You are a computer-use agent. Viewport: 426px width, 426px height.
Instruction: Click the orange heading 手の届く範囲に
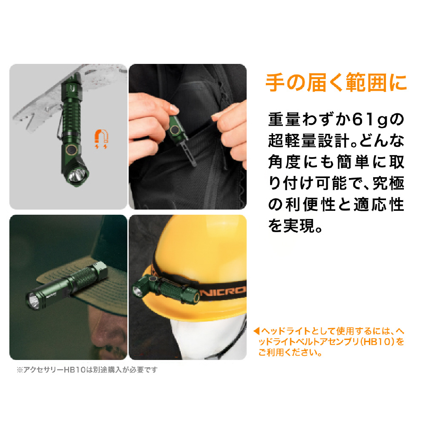[336, 82]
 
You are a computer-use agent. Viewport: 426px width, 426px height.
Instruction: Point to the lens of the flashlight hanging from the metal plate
[77, 175]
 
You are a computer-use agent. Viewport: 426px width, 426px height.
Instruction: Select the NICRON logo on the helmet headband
[223, 291]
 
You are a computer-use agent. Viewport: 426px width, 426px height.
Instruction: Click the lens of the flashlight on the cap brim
[34, 301]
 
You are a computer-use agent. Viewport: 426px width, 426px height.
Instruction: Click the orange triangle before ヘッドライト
[256, 331]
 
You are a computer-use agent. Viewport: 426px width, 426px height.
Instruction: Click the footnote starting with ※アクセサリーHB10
[87, 370]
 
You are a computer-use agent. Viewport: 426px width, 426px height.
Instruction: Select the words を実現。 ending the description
[295, 226]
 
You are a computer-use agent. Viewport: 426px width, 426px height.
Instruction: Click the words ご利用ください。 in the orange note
[290, 352]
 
